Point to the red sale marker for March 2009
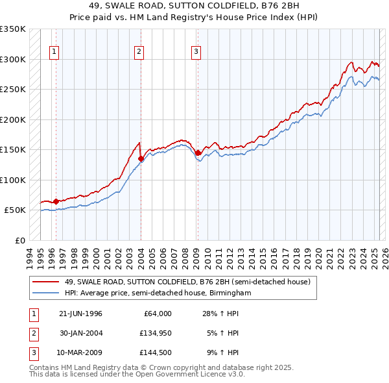[x=198, y=153]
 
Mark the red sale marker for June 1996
[x=56, y=201]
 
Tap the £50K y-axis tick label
[x=16, y=210]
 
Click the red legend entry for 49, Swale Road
[x=188, y=282]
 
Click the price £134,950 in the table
[x=156, y=333]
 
